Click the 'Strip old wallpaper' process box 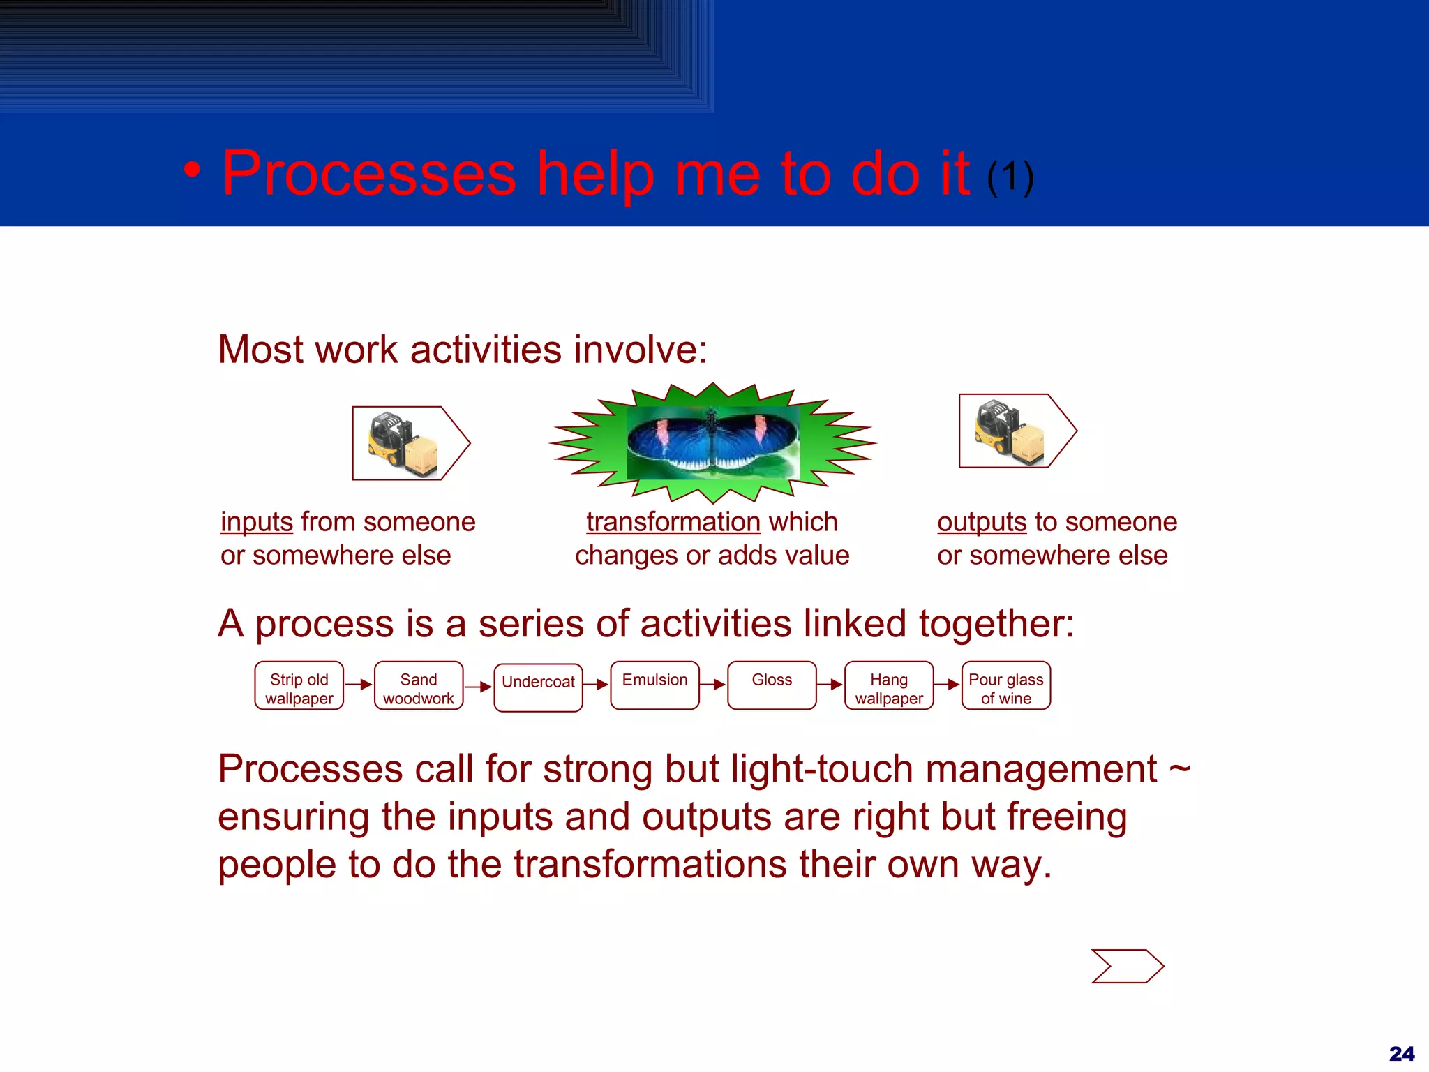[299, 686]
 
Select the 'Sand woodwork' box [419, 686]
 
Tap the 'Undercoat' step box [538, 687]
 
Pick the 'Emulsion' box [654, 686]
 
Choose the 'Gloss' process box [772, 686]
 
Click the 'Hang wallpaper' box [889, 686]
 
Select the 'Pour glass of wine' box [1005, 686]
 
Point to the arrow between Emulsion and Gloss [713, 685]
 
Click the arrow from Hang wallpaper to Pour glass [948, 685]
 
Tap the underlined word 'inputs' [257, 522]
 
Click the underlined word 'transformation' [673, 522]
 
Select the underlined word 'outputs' [982, 522]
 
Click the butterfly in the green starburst [712, 442]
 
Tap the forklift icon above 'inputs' [403, 444]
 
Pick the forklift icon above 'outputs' [1010, 431]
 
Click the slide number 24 [1401, 1053]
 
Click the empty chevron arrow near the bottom [1127, 967]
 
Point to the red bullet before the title [193, 170]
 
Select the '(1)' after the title [1010, 177]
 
